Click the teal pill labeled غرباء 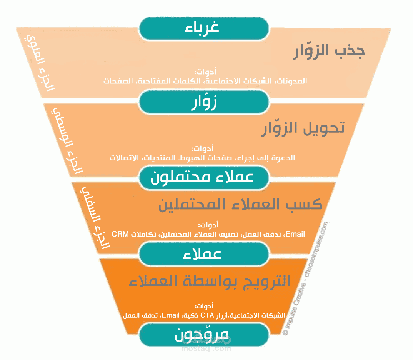pyautogui.click(x=203, y=28)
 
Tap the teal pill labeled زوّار pyautogui.click(x=203, y=102)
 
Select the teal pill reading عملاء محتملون pyautogui.click(x=203, y=177)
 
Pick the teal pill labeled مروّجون pyautogui.click(x=203, y=335)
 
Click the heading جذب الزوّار pyautogui.click(x=329, y=52)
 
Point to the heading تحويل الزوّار pyautogui.click(x=303, y=128)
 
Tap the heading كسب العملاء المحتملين pyautogui.click(x=240, y=204)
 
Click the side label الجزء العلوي pyautogui.click(x=40, y=63)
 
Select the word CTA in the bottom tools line pyautogui.click(x=207, y=315)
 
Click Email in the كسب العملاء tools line pyautogui.click(x=295, y=234)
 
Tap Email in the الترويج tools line pyautogui.click(x=171, y=315)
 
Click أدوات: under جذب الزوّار pyautogui.click(x=205, y=72)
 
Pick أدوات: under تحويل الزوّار pyautogui.click(x=203, y=148)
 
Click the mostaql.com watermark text pyautogui.click(x=206, y=349)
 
